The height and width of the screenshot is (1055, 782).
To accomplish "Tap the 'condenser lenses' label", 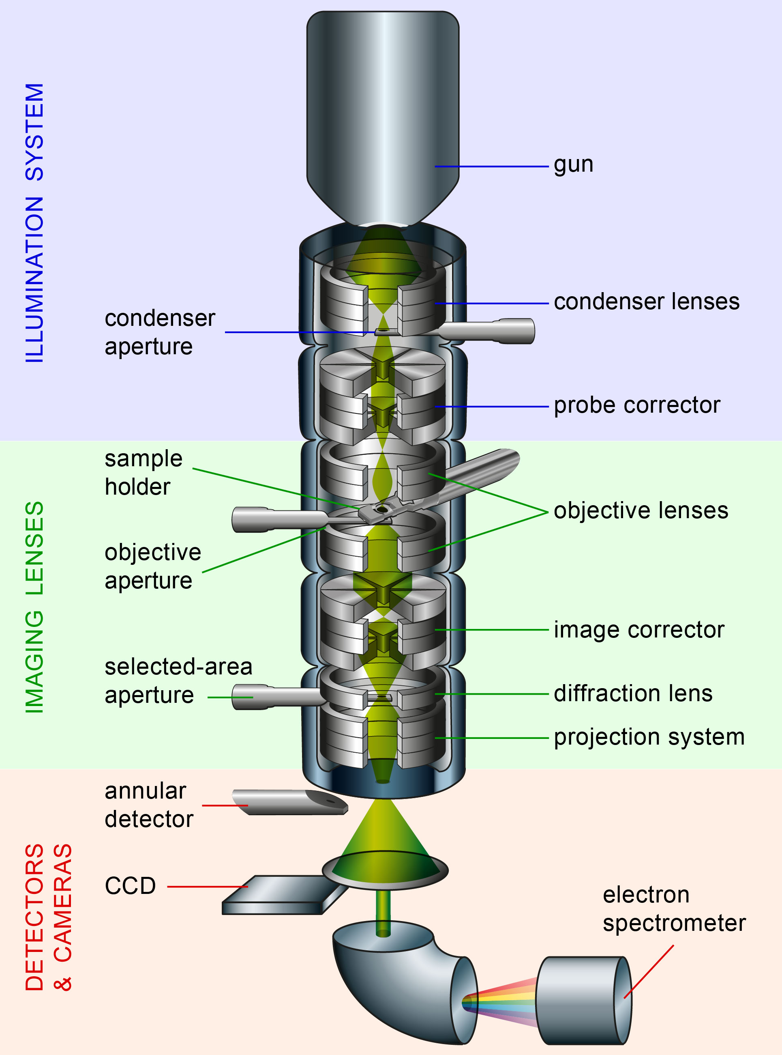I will pyautogui.click(x=646, y=302).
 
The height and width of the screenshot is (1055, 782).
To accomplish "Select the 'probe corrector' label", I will pyautogui.click(x=637, y=405).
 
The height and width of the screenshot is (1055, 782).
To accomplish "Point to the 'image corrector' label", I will pyautogui.click(x=638, y=630).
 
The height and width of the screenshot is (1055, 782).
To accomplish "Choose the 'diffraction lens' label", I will pyautogui.click(x=633, y=693).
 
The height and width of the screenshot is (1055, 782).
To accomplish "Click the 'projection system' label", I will pyautogui.click(x=649, y=737).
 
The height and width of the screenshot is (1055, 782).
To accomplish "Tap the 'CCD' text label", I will pyautogui.click(x=130, y=886).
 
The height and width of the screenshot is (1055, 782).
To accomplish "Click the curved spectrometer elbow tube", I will pyautogui.click(x=388, y=981).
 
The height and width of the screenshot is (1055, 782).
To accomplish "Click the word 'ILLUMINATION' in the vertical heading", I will pyautogui.click(x=34, y=280).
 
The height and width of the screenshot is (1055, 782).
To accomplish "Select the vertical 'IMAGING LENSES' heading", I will pyautogui.click(x=34, y=606).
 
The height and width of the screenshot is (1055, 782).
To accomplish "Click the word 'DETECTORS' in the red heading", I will pyautogui.click(x=34, y=917).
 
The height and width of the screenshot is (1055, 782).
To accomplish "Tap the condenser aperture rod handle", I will pyautogui.click(x=492, y=331).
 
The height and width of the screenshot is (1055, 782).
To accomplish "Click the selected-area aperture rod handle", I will pyautogui.click(x=274, y=697).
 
